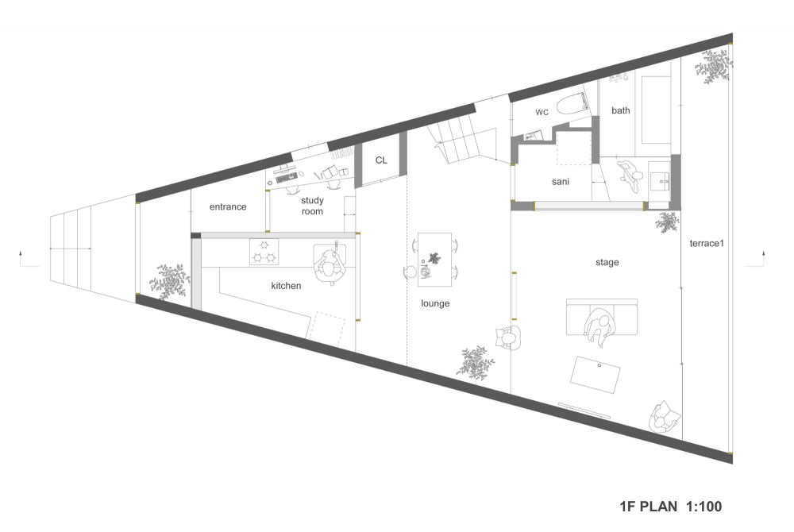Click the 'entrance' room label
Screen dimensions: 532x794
(228, 206)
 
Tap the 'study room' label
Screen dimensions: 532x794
(312, 206)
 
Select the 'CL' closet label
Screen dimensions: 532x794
(381, 160)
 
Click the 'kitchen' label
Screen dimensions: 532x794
(286, 286)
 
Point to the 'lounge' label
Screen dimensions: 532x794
(435, 303)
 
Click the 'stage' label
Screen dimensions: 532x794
(607, 262)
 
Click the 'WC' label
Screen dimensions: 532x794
(542, 113)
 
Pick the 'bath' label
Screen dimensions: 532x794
(621, 110)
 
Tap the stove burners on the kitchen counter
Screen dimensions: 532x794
(265, 251)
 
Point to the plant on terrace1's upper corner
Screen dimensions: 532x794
(715, 64)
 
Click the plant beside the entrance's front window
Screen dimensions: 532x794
(169, 280)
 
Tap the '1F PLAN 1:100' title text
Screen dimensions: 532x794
(671, 506)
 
